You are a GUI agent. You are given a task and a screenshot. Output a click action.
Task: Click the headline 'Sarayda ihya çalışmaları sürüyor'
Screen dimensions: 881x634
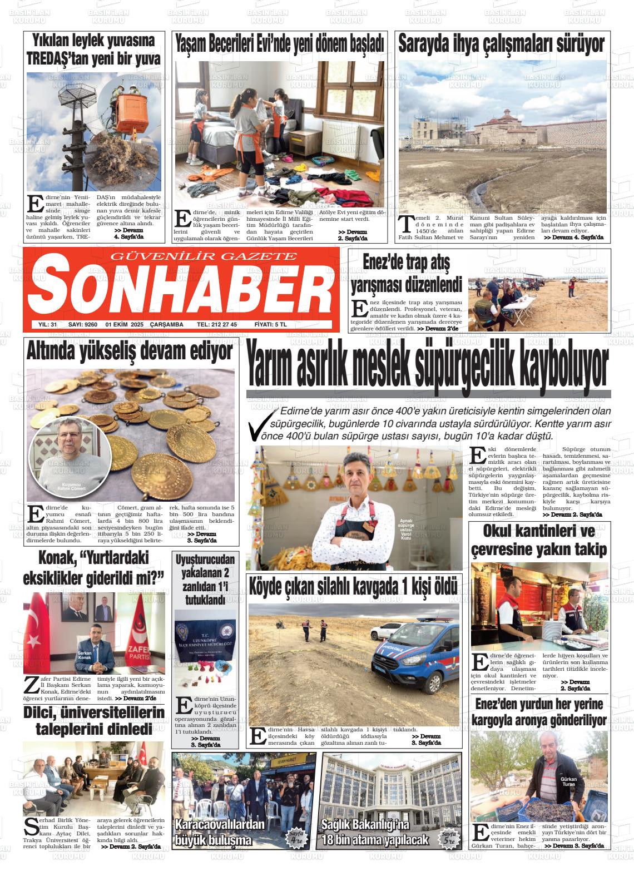click(501, 43)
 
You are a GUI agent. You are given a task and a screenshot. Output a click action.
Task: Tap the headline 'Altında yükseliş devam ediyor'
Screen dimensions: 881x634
click(130, 352)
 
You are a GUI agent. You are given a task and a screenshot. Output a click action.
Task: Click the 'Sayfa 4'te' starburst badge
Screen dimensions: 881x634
click(297, 837)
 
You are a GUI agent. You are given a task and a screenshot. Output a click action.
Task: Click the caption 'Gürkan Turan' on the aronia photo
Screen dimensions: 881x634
click(569, 781)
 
